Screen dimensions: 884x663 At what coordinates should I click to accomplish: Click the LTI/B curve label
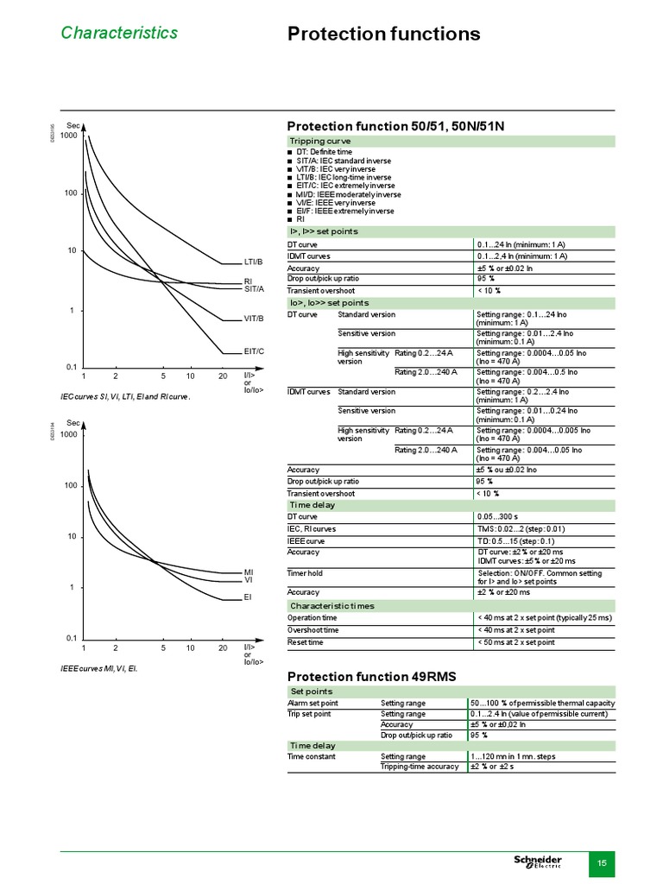[253, 261]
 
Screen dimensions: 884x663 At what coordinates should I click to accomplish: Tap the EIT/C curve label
[254, 351]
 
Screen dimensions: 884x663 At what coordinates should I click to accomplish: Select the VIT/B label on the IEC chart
[253, 319]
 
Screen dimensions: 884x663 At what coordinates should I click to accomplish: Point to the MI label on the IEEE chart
[249, 572]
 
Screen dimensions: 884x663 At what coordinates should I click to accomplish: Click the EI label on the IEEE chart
[248, 597]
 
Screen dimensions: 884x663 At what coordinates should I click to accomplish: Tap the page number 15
[602, 863]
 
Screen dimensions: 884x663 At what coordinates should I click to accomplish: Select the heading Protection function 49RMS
[371, 675]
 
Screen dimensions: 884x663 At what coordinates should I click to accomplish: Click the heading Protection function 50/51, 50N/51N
[395, 126]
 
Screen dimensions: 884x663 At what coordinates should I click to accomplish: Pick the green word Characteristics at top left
[119, 33]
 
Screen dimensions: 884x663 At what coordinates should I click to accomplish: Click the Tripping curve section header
[320, 141]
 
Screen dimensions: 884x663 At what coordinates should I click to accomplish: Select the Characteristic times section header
[331, 606]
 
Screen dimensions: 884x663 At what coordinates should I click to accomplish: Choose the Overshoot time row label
[313, 630]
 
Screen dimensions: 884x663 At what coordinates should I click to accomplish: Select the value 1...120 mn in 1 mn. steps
[513, 756]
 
